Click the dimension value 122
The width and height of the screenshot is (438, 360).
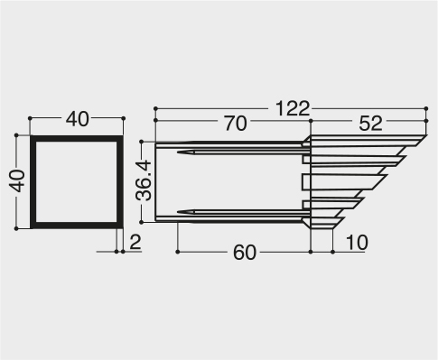(x=293, y=108)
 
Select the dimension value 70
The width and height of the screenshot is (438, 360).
(x=236, y=124)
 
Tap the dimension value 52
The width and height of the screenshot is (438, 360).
(x=370, y=123)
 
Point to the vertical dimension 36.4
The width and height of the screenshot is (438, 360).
(x=144, y=180)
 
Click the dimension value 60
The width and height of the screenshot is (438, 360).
(x=245, y=253)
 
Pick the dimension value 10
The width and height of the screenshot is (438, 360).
(x=357, y=242)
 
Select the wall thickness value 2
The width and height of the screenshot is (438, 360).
(x=135, y=242)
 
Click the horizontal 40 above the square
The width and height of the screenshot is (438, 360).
(x=78, y=119)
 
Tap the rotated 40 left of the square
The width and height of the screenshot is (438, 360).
(x=17, y=180)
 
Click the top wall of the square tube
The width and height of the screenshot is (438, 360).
(x=77, y=139)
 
